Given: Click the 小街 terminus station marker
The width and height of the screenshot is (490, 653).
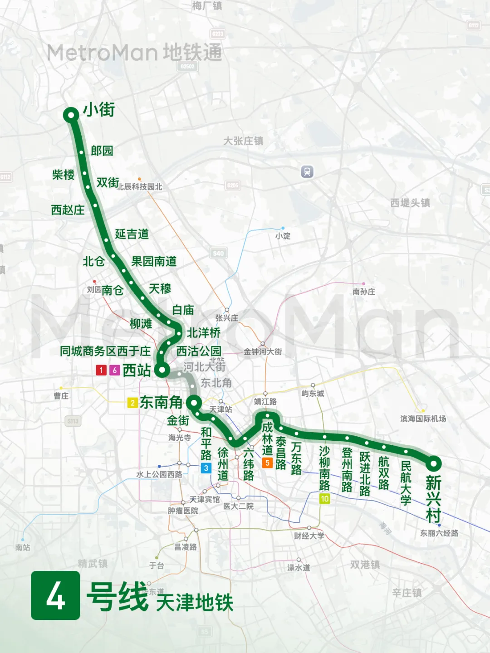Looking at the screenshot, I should coord(71,115).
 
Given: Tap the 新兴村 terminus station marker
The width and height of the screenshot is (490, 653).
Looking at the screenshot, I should coord(434,463).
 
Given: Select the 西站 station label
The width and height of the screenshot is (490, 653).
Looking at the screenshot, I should coord(137,370).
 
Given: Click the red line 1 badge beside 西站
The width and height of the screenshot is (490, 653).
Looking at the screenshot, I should coord(101,370).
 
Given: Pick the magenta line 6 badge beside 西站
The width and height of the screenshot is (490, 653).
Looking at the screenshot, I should coord(115,370).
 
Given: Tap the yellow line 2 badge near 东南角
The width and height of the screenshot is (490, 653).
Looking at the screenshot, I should coord(132,403).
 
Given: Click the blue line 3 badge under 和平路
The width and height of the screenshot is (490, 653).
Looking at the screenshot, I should coord(206,468).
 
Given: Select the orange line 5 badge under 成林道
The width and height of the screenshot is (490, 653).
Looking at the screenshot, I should coord(267,463).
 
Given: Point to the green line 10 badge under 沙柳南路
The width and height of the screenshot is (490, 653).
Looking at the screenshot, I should coord(324,499).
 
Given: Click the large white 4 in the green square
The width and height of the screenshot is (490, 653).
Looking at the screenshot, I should coord(55,595).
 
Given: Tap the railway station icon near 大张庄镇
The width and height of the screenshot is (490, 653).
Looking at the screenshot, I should coord(307,172).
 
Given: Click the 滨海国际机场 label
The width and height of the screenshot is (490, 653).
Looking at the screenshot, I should coord(423,419).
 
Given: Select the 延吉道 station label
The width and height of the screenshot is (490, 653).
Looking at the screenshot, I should coord(132,234).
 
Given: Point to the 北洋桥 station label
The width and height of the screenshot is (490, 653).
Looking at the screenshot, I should coord(204,333).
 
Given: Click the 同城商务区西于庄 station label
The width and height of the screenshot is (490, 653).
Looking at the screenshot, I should coord(105,351).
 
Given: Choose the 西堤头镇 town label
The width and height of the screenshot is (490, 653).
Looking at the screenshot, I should coord(410,203).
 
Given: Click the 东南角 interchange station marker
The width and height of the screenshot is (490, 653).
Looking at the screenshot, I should coord(194,403).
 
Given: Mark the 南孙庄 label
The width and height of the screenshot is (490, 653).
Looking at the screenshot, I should coord(364,292).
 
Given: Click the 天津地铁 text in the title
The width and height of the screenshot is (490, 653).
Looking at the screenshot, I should coord(195,603).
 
